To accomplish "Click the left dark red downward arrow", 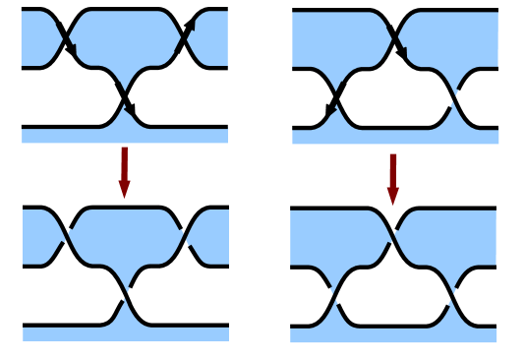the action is point(124,171).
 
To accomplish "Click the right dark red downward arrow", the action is point(393,178).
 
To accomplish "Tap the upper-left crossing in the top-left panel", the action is point(67,39).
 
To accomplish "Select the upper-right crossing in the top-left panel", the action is point(184,39).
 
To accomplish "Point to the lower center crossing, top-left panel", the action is point(125,98).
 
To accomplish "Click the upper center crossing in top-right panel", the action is point(395,39).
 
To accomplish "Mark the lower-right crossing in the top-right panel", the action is point(455,98).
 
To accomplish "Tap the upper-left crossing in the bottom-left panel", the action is point(67,237).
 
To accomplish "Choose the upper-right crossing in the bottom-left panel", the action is point(184,237).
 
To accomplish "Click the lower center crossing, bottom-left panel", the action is point(125,296).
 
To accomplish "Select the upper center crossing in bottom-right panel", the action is point(393,237).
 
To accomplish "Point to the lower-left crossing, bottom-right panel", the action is point(335,296).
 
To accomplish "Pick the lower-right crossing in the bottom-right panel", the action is point(453,296).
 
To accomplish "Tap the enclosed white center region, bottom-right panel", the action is point(393,295).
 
